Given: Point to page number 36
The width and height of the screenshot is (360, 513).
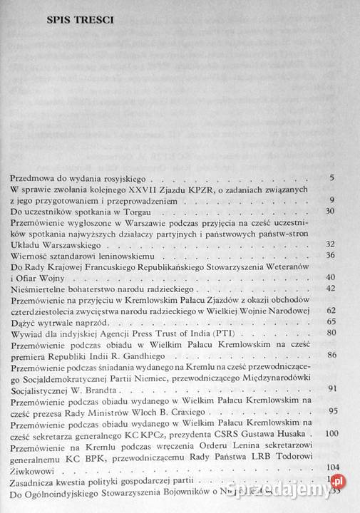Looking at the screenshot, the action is (329, 254).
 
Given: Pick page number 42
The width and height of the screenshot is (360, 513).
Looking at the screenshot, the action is (329, 289).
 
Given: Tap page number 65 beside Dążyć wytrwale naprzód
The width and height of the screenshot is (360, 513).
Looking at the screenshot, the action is (331, 321).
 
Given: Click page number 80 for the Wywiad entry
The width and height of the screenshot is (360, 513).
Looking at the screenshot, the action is (331, 332).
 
